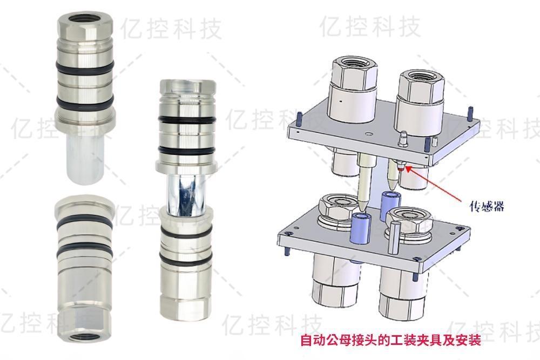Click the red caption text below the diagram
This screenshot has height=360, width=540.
[390, 341]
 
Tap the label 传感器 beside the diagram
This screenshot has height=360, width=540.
[487, 206]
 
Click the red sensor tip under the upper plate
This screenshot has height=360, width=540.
[401, 168]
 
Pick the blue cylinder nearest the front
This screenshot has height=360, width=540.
[360, 226]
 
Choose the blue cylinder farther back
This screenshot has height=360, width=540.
[389, 205]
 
